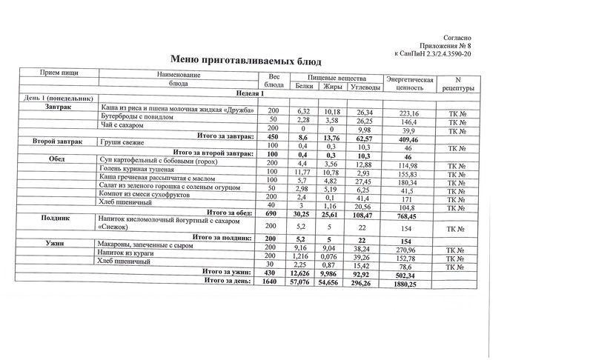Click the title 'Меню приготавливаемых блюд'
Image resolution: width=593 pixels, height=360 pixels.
point(246,59)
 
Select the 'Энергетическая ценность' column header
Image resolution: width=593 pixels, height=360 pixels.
point(409,82)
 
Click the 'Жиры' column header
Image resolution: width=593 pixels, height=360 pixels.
point(333,87)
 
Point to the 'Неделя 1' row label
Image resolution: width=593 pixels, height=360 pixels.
point(250,93)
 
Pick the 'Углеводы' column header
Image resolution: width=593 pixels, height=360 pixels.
point(365,87)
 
